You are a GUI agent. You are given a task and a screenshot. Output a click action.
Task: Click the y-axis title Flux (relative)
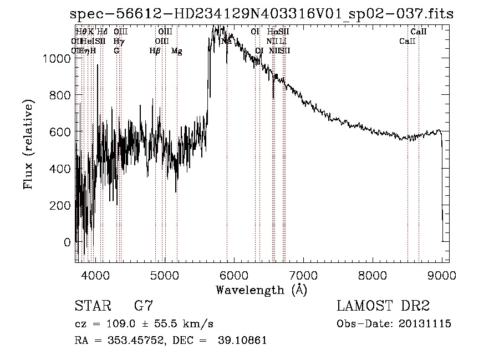tap(28, 144)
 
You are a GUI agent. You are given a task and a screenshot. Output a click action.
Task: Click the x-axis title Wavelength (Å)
tap(261, 290)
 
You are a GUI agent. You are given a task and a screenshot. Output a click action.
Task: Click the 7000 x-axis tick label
tap(303, 275)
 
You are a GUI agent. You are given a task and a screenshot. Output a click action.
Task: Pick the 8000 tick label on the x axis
tap(373, 275)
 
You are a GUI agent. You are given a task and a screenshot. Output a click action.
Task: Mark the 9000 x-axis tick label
tap(442, 275)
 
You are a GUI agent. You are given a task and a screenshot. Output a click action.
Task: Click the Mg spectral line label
tap(176, 51)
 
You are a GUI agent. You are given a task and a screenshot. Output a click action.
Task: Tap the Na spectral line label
tap(226, 41)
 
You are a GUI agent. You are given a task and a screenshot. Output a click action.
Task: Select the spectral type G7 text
tap(144, 306)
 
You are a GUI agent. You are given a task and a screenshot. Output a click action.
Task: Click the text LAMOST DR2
tap(383, 306)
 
